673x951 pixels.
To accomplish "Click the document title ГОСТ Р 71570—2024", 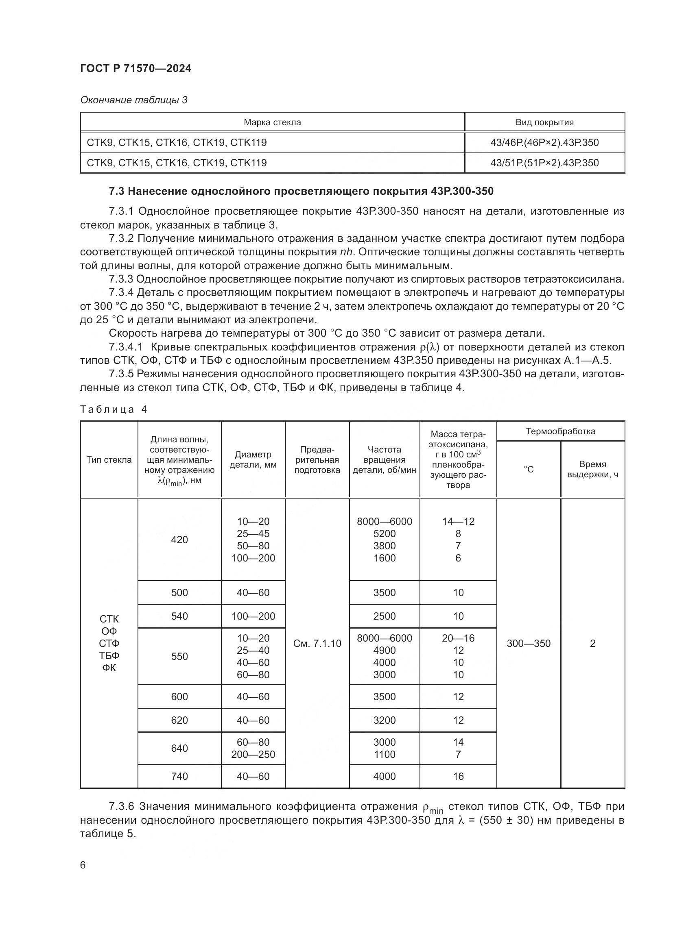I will [x=135, y=69].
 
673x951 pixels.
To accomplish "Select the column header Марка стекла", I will [x=272, y=123].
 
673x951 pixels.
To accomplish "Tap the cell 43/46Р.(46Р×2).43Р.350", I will [x=544, y=143].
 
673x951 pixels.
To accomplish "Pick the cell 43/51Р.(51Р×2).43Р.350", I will [x=544, y=163].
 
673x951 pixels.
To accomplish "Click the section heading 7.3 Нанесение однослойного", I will [x=301, y=192].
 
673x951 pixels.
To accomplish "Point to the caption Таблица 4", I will [x=114, y=410].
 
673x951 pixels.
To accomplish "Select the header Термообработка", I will [x=560, y=431].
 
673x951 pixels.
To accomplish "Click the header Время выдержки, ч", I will [x=592, y=469].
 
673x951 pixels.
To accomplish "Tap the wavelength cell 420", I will [x=179, y=540].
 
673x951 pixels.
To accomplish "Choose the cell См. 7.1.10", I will [x=317, y=643].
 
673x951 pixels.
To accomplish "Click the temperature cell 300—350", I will [x=529, y=643].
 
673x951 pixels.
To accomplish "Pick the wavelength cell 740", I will [x=179, y=776].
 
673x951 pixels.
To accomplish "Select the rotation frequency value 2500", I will [x=384, y=616].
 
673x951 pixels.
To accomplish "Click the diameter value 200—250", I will [x=253, y=754].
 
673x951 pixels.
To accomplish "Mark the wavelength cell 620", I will [x=179, y=720].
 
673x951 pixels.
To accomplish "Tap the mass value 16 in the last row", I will [x=458, y=776].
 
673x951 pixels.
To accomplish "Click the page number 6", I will [x=83, y=865].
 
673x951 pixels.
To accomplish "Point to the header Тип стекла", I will [x=109, y=460].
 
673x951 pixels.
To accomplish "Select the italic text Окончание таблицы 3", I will [x=133, y=100].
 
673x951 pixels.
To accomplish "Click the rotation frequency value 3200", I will [x=384, y=720].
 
